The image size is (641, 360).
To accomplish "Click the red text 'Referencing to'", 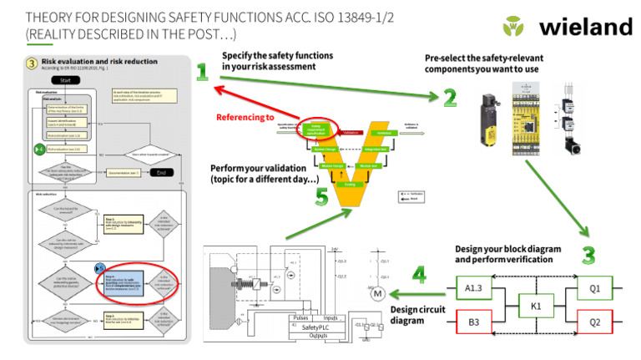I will pyautogui.click(x=245, y=118).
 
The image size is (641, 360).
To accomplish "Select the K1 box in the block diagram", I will pyautogui.click(x=537, y=306).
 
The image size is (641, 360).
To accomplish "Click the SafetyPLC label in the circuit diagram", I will pyautogui.click(x=311, y=327).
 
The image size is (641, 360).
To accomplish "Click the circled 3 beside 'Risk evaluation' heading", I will pyautogui.click(x=32, y=62).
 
